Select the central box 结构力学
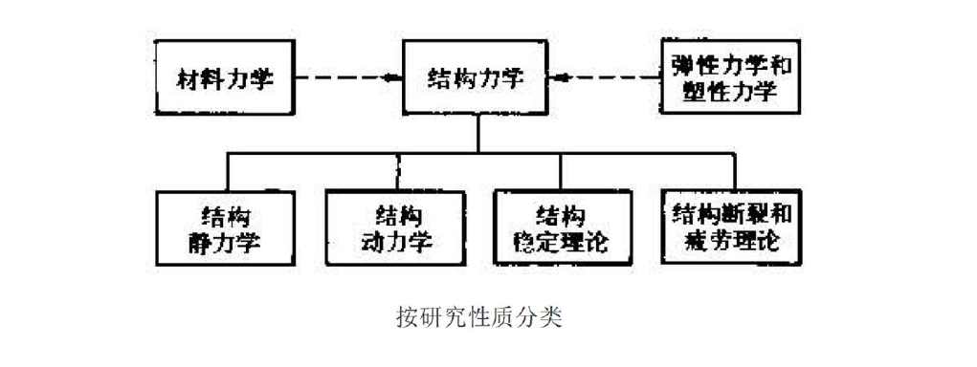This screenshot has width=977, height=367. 476,78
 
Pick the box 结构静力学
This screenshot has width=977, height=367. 226,227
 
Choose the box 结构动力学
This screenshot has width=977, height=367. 394,227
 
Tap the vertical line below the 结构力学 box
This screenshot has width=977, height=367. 477,134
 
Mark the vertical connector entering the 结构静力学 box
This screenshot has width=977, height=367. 227,171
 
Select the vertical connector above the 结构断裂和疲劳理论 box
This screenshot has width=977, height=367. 734,171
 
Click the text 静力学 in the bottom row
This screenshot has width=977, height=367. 226,241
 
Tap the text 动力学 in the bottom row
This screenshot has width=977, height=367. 395,241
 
